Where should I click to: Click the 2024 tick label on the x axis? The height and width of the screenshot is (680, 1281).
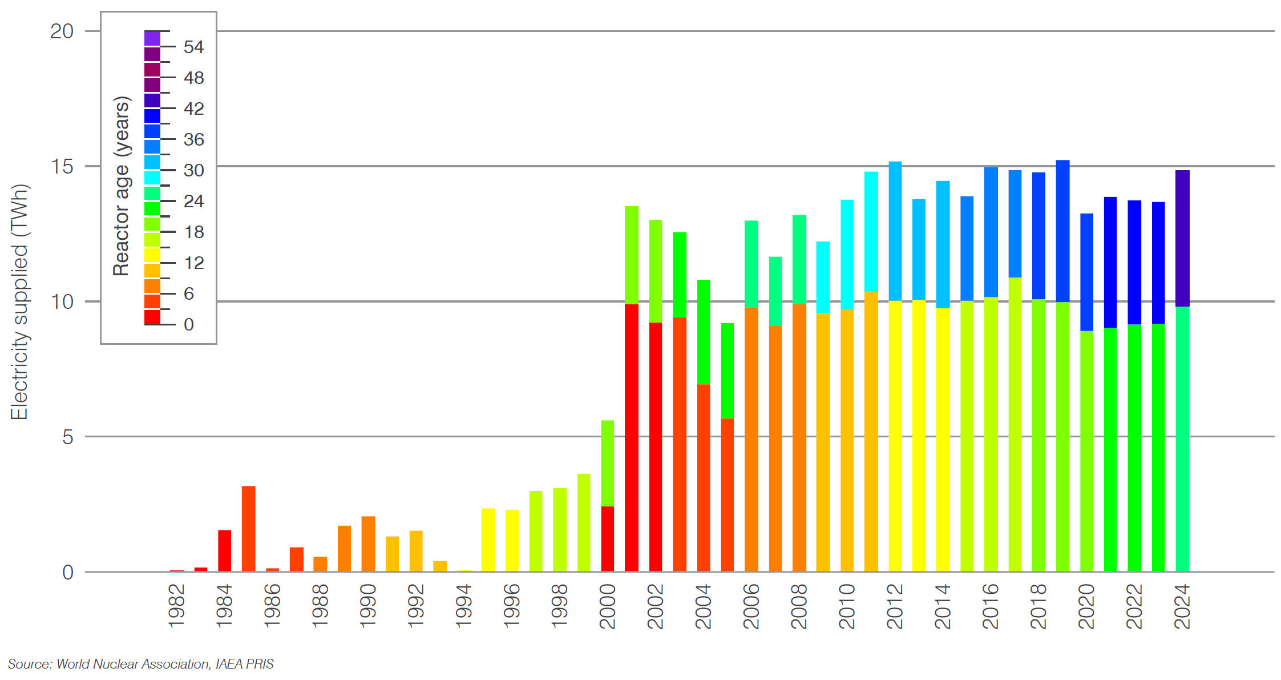tap(1182, 606)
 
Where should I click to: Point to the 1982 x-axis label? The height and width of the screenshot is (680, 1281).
tap(177, 606)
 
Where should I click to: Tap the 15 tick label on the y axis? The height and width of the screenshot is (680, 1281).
tap(62, 167)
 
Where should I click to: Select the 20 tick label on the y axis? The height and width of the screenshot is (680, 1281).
tap(62, 31)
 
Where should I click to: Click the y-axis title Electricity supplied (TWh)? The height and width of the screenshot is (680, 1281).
tap(19, 301)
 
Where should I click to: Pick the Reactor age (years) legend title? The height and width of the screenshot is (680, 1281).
tap(122, 186)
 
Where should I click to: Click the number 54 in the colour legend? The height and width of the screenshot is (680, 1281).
tap(193, 47)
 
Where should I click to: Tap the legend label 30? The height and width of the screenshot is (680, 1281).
tap(193, 171)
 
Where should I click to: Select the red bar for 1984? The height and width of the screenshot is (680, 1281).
tap(225, 551)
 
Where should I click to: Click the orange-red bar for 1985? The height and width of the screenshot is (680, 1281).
tap(249, 529)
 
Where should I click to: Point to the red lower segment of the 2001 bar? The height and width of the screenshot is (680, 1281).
tap(632, 438)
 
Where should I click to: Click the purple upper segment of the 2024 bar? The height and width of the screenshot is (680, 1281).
tap(1182, 238)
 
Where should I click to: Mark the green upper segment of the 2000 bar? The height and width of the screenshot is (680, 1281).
tap(608, 463)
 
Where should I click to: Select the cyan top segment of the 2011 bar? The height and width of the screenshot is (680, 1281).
tap(871, 232)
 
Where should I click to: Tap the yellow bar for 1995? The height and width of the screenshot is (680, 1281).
tap(488, 540)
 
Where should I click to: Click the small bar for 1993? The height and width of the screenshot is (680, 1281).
tap(440, 566)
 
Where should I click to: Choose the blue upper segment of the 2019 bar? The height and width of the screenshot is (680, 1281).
tap(1062, 231)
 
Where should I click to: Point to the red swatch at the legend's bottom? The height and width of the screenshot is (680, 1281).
tap(152, 317)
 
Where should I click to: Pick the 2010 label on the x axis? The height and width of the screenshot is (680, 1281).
tap(847, 606)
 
